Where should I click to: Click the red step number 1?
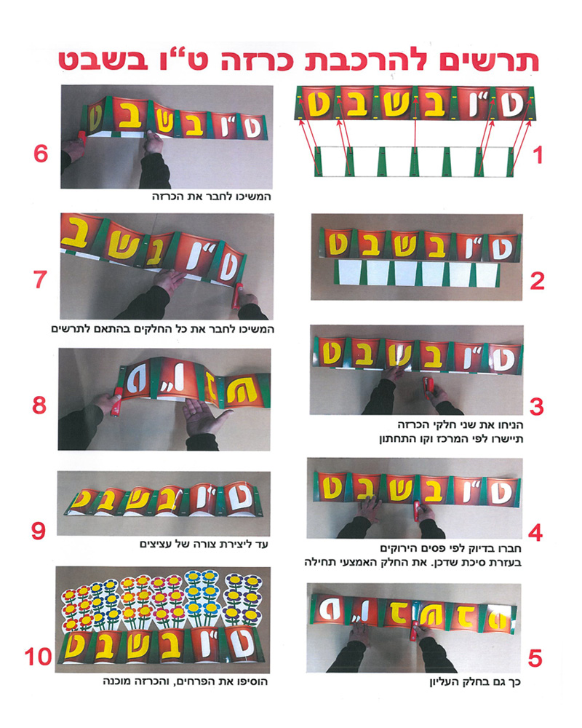538,156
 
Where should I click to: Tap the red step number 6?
41,154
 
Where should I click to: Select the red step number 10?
38,657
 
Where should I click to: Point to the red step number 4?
535,534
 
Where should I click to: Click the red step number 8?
39,405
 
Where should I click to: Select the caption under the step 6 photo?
212,197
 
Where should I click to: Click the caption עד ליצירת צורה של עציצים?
204,544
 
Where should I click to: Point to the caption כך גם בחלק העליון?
475,682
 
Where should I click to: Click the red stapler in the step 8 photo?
116,402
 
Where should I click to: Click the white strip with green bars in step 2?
418,273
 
